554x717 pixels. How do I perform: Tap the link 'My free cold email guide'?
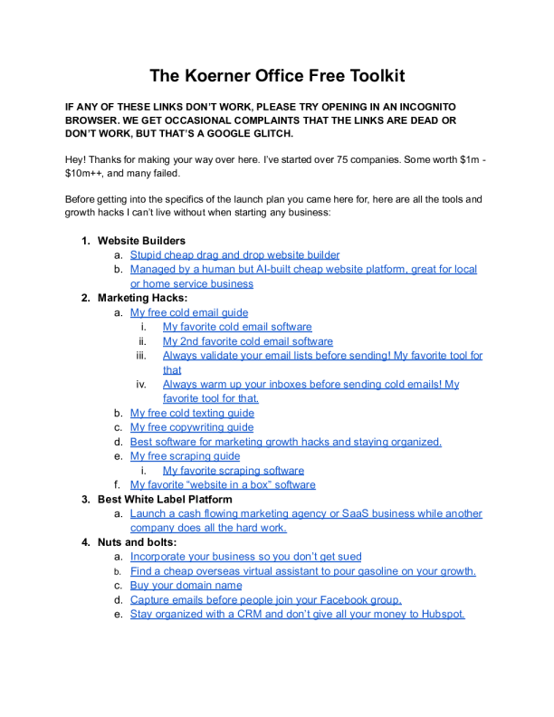(188, 312)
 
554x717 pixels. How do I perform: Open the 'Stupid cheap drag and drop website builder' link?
(234, 255)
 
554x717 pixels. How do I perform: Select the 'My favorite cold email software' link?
(237, 327)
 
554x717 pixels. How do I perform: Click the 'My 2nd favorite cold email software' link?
(247, 341)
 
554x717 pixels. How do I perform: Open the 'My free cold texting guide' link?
(192, 413)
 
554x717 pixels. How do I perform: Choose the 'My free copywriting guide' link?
(192, 427)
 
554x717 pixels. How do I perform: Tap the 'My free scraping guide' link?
(185, 456)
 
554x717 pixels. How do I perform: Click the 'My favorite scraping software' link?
(233, 471)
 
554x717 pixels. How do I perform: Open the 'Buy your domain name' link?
(186, 585)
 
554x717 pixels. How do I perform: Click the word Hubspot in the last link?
(441, 614)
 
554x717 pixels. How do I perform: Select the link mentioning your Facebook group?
(266, 599)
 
